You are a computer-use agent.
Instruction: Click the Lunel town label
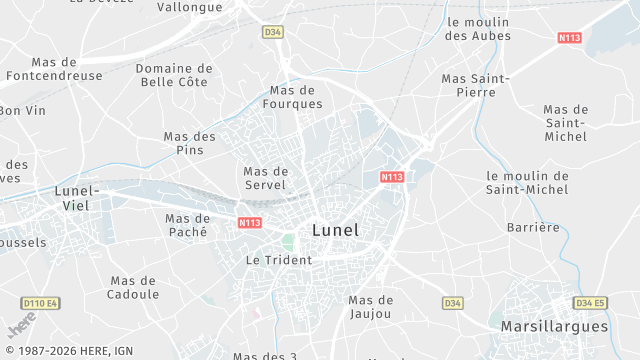click(335, 229)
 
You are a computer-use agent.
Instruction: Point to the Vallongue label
click(189, 6)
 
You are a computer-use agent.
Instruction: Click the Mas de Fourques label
click(293, 96)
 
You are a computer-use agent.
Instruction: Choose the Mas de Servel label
click(265, 177)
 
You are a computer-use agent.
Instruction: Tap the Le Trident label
click(279, 259)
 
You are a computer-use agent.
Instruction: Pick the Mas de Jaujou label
click(371, 306)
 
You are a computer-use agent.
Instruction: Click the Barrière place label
click(533, 227)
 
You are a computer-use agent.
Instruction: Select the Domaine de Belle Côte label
click(174, 76)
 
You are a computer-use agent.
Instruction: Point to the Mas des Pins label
click(189, 143)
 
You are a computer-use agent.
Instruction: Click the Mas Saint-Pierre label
click(475, 85)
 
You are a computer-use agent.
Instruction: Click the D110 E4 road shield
click(40, 302)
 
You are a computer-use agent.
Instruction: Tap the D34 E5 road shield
click(590, 302)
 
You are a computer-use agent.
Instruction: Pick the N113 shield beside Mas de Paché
click(250, 222)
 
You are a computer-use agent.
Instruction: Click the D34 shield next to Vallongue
click(273, 32)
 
